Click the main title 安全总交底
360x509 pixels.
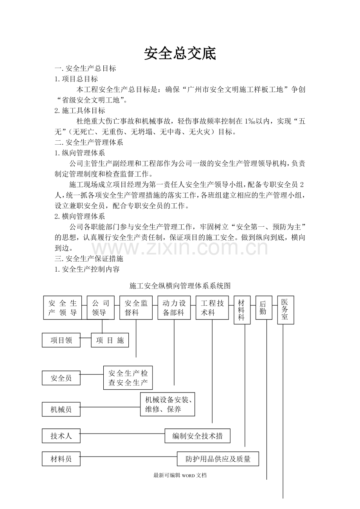(x=180, y=54)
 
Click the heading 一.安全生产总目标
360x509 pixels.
(x=85, y=68)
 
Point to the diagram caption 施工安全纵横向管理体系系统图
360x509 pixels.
(x=180, y=286)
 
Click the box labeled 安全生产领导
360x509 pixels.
(x=63, y=308)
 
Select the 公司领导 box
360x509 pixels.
(x=101, y=308)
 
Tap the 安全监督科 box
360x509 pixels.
(x=136, y=308)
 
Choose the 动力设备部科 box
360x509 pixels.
(x=174, y=308)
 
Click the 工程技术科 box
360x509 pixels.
(x=212, y=308)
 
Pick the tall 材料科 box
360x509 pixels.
(x=242, y=310)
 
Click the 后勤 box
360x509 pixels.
(x=263, y=307)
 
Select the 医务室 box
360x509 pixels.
(x=285, y=310)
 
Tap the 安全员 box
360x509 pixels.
(x=61, y=378)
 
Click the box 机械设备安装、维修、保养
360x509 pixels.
(x=167, y=404)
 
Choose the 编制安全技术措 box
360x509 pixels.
(x=198, y=436)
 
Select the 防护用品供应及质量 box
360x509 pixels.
(x=218, y=459)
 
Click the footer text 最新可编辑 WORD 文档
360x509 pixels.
(x=180, y=475)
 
